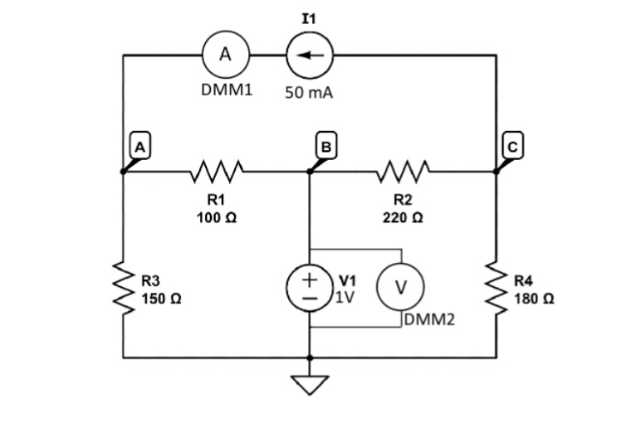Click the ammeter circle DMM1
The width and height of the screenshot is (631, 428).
pyautogui.click(x=225, y=56)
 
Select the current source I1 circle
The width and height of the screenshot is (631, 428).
pyautogui.click(x=309, y=56)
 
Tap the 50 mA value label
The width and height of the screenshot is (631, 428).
pyautogui.click(x=309, y=93)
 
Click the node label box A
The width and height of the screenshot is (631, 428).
pyautogui.click(x=141, y=146)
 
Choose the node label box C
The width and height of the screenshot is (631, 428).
pyautogui.click(x=512, y=147)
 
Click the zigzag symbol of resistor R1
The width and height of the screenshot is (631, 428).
pyautogui.click(x=216, y=172)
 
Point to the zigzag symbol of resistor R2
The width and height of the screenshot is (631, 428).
pyautogui.click(x=403, y=172)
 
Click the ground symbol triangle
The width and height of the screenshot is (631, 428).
pyautogui.click(x=310, y=384)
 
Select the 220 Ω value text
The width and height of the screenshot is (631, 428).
pyautogui.click(x=403, y=217)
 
